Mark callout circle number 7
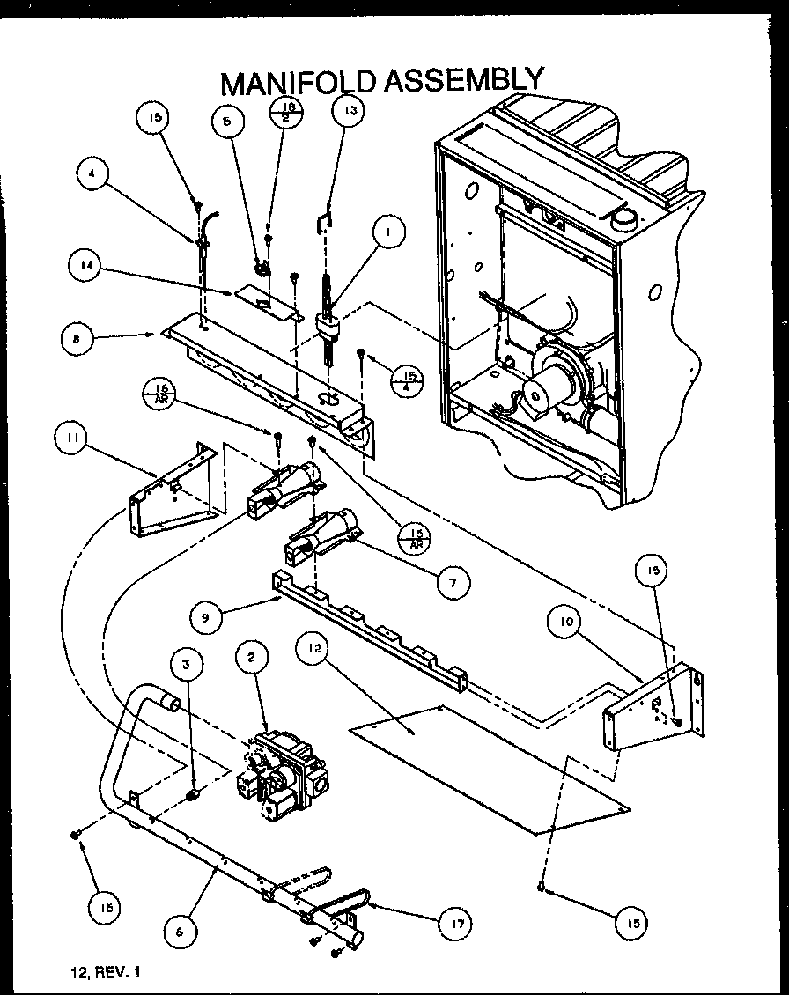[x=452, y=582]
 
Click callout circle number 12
[x=316, y=650]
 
